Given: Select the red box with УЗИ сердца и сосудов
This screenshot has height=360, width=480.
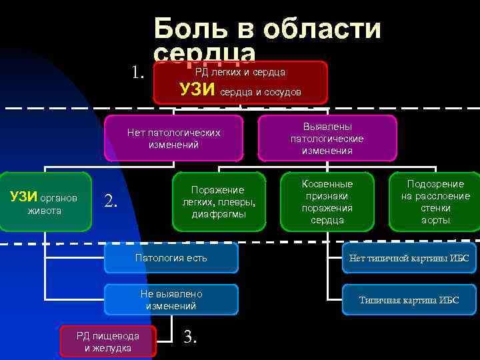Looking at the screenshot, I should [x=240, y=83].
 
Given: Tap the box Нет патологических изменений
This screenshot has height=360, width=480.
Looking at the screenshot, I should [x=173, y=139].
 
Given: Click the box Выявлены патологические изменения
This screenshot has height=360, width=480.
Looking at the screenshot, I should [x=327, y=139].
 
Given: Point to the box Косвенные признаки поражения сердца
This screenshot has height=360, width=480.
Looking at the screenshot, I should [x=327, y=202].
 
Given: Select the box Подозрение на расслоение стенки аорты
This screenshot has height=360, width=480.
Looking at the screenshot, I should [x=435, y=202].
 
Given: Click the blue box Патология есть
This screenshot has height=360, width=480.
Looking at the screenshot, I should [x=171, y=258].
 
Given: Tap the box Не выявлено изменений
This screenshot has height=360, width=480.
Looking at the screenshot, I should [x=171, y=300].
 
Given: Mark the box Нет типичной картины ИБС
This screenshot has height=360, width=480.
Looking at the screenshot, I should [x=409, y=258].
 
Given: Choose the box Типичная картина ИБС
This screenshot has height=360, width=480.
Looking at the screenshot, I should [x=409, y=300].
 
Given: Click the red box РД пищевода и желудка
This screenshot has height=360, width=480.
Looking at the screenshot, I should [x=107, y=342].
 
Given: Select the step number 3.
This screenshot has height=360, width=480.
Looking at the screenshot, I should [x=190, y=337].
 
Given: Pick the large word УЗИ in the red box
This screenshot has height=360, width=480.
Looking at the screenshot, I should [x=198, y=90].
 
